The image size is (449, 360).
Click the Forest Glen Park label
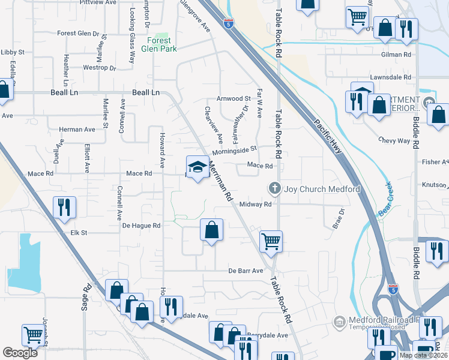(159, 44)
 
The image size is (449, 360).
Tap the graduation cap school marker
(196, 167)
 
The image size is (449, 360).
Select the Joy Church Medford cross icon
(276, 189)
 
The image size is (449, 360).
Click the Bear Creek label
(384, 199)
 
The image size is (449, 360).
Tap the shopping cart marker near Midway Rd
(271, 241)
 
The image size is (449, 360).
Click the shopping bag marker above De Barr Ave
(211, 230)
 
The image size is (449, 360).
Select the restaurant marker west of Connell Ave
(62, 208)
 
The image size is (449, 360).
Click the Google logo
(20, 353)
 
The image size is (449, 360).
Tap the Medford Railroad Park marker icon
(339, 322)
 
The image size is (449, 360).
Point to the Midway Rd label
(256, 205)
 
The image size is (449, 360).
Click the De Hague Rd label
(142, 226)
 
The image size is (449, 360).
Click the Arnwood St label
(234, 98)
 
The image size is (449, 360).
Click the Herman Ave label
(77, 129)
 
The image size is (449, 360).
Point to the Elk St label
(79, 232)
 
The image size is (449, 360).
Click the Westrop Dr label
(99, 68)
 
